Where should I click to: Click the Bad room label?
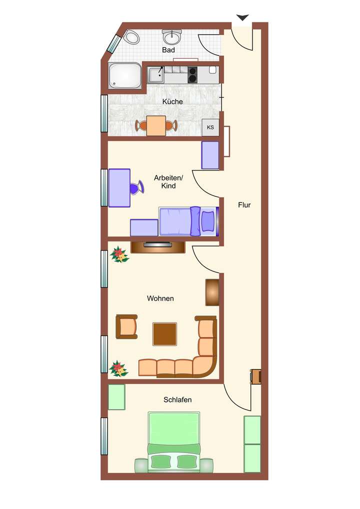tap(168, 50)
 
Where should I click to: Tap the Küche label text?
tap(172, 101)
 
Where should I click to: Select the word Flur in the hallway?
tap(244, 205)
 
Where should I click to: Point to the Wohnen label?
tap(160, 298)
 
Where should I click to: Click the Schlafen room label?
tap(177, 399)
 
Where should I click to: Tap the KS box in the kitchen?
tap(210, 127)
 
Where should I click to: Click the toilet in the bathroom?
tap(132, 36)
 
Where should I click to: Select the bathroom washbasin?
tap(172, 36)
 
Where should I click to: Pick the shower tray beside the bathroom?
tap(125, 76)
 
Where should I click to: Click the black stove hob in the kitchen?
tap(193, 75)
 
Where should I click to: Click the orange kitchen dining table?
tap(156, 125)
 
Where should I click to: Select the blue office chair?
tap(135, 188)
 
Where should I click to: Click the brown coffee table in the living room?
tap(164, 334)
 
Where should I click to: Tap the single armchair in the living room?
tap(127, 326)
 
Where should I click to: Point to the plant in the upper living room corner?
tap(119, 254)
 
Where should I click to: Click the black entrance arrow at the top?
tap(242, 18)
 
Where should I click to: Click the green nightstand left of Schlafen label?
tap(116, 397)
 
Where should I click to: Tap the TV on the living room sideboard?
tap(157, 244)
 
